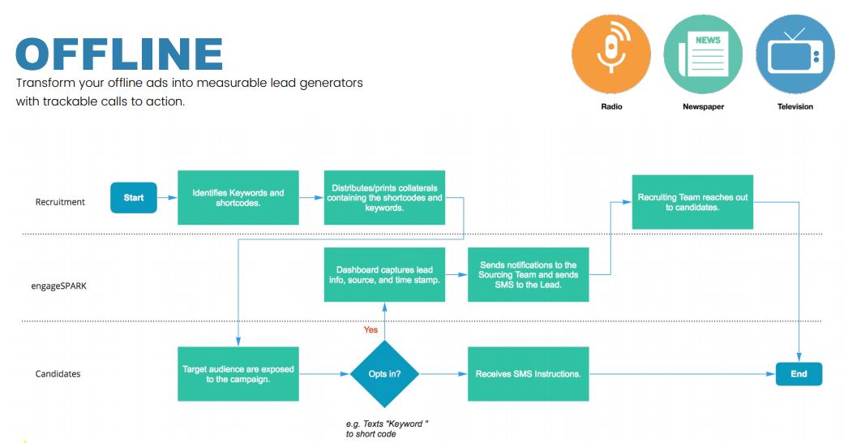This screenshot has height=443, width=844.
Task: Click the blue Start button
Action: point(134,198)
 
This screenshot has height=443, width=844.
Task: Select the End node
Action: point(799,374)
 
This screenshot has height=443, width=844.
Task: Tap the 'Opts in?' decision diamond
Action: point(384,374)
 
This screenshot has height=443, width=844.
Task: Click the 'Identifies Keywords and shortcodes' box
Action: point(238,198)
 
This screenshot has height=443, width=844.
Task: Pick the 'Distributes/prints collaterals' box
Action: point(384,198)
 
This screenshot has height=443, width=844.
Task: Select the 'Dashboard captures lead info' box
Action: point(384,275)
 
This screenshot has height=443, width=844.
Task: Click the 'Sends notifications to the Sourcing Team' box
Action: point(528,275)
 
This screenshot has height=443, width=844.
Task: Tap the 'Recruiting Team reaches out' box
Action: point(692,202)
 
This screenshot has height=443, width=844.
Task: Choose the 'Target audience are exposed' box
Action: point(238,374)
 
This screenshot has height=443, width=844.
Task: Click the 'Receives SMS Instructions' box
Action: point(528,374)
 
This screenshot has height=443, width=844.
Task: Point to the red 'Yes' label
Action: point(371,330)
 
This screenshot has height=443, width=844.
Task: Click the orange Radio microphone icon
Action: point(611,54)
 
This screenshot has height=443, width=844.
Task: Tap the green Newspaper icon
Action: point(703,54)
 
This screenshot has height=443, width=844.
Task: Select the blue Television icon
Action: point(795,54)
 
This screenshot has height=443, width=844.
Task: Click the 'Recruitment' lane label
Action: point(60,202)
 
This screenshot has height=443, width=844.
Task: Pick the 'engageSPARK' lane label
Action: point(58,286)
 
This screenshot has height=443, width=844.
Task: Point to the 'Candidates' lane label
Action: point(58,374)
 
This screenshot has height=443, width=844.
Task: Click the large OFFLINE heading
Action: point(119,54)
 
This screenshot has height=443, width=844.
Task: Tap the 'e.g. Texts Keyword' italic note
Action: point(387,429)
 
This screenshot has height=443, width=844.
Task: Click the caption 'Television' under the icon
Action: point(795,107)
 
